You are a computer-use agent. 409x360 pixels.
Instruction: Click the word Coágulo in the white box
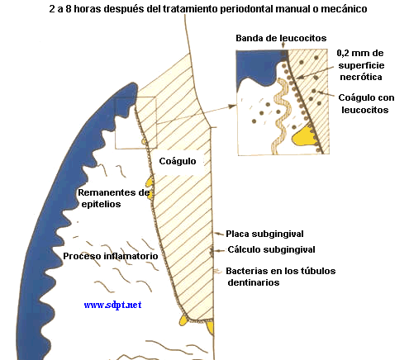click(178, 161)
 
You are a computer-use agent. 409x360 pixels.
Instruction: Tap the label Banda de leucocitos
click(281, 38)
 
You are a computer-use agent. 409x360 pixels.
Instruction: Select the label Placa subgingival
click(264, 234)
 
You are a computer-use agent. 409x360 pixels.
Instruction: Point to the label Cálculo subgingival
click(271, 249)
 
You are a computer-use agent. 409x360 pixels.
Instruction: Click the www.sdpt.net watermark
click(112, 305)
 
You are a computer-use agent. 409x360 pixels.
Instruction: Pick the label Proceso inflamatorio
click(111, 256)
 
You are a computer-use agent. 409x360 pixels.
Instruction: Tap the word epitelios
click(101, 205)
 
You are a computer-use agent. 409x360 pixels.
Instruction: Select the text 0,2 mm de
click(360, 53)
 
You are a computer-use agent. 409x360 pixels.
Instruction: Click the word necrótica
click(361, 77)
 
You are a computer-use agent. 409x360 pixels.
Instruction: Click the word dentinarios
click(254, 282)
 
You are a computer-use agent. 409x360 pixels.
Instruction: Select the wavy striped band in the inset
click(281, 116)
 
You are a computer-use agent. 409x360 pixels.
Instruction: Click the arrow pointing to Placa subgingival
click(219, 234)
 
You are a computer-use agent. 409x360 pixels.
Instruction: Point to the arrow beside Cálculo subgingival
click(220, 250)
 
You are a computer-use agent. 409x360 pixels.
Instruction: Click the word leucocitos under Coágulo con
click(365, 110)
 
